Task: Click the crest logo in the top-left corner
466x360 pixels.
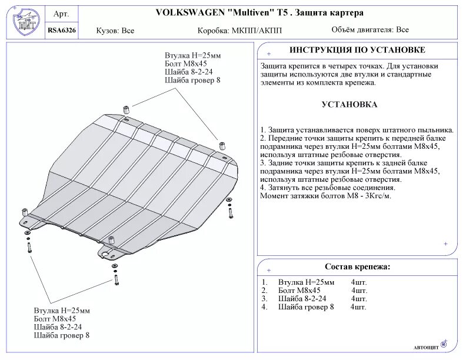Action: (25, 22)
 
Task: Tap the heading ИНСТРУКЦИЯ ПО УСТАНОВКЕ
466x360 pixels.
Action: (357, 50)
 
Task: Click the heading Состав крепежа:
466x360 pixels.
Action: (357, 267)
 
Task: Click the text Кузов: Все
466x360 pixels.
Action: (115, 30)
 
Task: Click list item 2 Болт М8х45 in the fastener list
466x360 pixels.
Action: (299, 291)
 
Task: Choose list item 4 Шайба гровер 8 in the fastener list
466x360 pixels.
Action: (306, 306)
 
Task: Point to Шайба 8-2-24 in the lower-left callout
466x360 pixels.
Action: (58, 326)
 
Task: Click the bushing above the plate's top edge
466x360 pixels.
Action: (126, 109)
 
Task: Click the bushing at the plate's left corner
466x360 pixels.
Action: (25, 211)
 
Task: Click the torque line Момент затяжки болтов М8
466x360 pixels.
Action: (325, 195)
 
